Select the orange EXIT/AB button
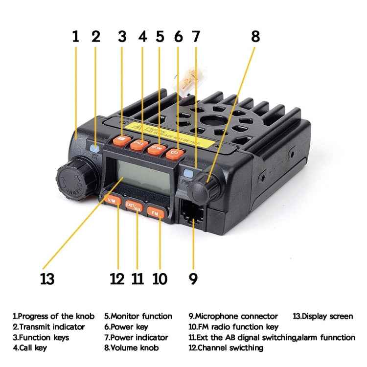tap(133, 206)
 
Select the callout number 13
tap(47, 278)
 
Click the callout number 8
tap(255, 36)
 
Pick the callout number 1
tap(75, 36)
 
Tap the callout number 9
tap(193, 278)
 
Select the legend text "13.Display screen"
tap(322, 316)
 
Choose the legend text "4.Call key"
tap(30, 348)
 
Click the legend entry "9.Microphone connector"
tap(233, 316)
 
